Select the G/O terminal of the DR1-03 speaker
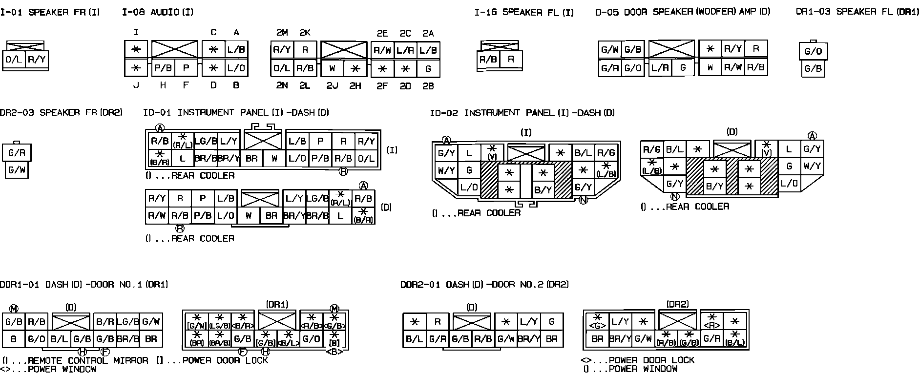point(813,52)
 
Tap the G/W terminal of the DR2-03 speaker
point(17,170)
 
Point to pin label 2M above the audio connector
point(282,33)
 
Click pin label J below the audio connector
point(136,86)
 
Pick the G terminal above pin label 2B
point(428,69)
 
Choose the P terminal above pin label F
point(186,68)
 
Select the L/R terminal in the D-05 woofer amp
point(660,68)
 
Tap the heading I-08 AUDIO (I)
point(157,12)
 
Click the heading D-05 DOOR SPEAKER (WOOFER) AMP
point(682,12)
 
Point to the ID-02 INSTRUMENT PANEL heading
point(522,113)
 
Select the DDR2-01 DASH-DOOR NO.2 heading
point(484,284)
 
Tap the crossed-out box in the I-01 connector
point(26,46)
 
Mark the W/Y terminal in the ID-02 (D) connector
point(812,166)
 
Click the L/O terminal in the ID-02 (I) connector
point(469,187)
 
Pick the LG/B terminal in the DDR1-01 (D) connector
point(128,322)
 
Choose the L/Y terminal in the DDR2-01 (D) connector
point(529,322)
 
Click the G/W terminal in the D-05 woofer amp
point(610,50)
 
